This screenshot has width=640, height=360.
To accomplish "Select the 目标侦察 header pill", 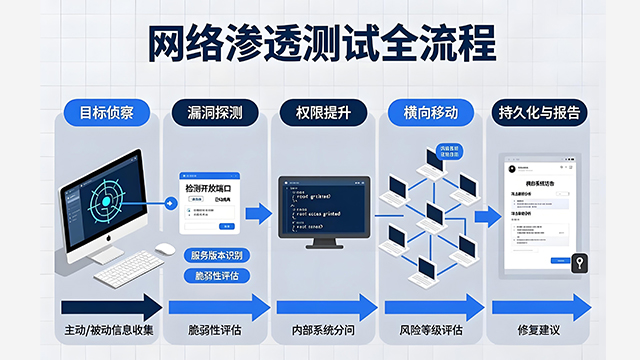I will coord(108,112).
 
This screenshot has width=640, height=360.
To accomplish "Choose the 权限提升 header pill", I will coord(322,112).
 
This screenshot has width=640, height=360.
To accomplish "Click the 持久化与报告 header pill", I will coord(537,112).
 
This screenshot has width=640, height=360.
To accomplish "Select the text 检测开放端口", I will coord(213,186).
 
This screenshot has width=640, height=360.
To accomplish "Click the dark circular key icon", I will coord(579,264).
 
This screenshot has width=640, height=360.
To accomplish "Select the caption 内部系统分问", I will coord(321,330).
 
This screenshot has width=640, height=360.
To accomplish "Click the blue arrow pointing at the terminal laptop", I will coord(258,212).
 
